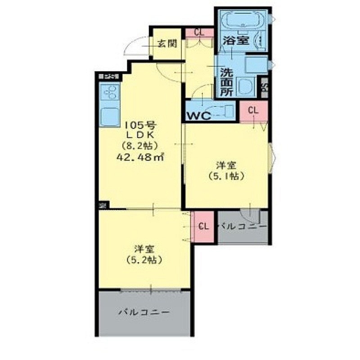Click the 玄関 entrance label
click(x=166, y=44)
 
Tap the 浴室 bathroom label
click(x=236, y=40)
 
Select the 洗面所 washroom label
click(x=226, y=81)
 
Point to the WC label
click(x=199, y=115)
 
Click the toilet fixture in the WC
click(x=223, y=110)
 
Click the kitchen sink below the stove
click(x=110, y=116)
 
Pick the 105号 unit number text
click(x=139, y=124)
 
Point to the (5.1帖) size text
click(x=227, y=176)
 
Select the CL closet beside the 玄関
click(x=198, y=32)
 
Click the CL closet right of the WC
click(x=253, y=110)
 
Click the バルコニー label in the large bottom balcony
click(x=144, y=311)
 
